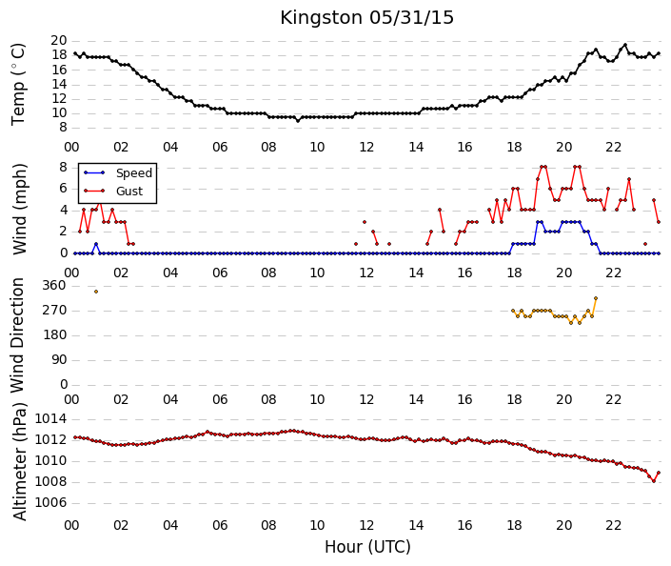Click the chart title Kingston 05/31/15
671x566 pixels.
[366, 18]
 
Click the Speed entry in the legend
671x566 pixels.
[134, 173]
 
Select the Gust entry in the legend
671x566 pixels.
[129, 192]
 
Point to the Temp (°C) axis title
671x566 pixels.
[18, 85]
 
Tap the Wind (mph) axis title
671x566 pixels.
[20, 209]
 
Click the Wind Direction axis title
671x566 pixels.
[17, 335]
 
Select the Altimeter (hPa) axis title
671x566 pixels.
[20, 461]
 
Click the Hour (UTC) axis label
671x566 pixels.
[367, 547]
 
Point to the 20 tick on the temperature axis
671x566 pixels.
[59, 41]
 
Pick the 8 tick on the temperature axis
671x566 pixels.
[64, 128]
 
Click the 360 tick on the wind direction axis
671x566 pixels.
[55, 286]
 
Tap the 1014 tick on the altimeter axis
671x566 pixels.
[51, 418]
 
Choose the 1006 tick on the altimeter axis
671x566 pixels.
[51, 502]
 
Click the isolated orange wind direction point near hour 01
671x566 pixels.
[96, 292]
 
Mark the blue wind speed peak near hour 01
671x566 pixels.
[96, 244]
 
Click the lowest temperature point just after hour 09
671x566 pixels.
[298, 121]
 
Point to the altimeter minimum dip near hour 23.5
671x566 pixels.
[654, 481]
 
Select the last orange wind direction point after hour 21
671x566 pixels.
[596, 298]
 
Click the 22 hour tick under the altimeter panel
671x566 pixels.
[613, 526]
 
